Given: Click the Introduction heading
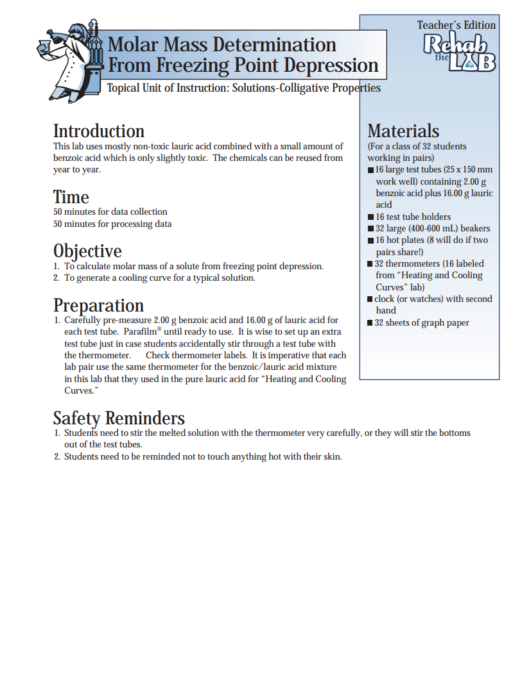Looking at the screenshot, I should tap(98, 131).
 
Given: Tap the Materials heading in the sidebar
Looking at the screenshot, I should tap(403, 131).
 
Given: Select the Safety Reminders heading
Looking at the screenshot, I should tap(119, 418).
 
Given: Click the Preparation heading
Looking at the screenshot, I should tap(98, 305).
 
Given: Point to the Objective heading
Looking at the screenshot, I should tap(87, 251).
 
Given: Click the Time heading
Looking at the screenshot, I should tap(71, 197).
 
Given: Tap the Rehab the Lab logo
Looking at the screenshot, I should tap(458, 52).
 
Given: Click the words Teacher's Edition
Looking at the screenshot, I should tap(456, 25).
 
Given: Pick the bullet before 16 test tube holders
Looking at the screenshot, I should tap(370, 217).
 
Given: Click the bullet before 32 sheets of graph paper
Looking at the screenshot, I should tap(370, 323).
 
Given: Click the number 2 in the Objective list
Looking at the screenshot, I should tap(57, 278).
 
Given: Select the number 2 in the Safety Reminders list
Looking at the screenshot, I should tap(57, 456).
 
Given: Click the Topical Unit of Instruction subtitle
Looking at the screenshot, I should tap(243, 88).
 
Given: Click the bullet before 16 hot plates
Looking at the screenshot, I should tap(370, 240).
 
